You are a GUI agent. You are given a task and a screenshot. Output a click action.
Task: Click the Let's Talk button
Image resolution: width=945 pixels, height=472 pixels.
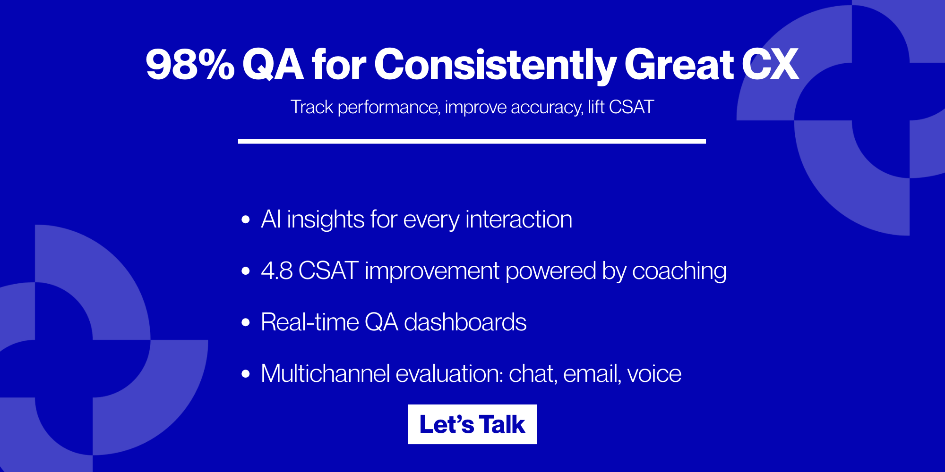point(472,424)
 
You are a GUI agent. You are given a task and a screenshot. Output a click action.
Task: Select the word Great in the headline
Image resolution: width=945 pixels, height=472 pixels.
point(679,65)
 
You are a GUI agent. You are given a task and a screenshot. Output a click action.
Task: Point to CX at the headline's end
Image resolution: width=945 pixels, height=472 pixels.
point(770,65)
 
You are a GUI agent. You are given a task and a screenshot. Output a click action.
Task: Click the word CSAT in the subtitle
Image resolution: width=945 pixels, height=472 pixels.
point(631,107)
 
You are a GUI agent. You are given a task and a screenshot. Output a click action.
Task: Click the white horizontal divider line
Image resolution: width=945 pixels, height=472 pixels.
point(472,141)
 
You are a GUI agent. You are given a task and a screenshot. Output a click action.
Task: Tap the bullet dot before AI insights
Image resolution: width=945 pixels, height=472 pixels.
point(245,219)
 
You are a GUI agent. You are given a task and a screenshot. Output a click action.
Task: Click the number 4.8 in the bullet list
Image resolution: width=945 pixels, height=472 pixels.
point(277,271)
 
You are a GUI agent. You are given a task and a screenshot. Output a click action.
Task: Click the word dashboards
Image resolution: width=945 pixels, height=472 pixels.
point(465,322)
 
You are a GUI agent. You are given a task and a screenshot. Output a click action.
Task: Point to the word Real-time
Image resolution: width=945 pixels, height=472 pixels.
point(309,322)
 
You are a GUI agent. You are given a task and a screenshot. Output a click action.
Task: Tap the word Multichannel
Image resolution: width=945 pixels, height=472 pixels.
point(325,374)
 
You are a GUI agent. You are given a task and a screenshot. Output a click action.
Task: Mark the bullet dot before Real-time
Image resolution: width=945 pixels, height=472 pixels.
point(245,322)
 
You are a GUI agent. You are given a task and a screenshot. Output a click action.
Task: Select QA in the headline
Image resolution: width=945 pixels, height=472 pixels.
point(273,65)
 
